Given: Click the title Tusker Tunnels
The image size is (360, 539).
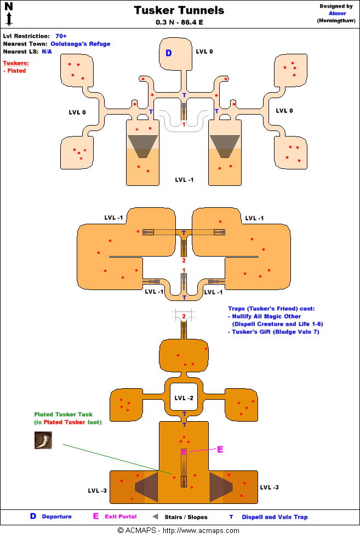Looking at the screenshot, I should coord(179,10).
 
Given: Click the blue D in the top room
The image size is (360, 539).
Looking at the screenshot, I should coord(169,53).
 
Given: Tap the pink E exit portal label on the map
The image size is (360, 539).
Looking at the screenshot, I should coord(220,450).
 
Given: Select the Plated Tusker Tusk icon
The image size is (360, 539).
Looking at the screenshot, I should coord(43,440).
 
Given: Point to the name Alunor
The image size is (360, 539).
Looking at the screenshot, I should coord(336,13).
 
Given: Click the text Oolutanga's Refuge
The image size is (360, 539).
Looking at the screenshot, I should coord(81,44).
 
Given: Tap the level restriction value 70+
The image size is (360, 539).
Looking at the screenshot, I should coord(61,36).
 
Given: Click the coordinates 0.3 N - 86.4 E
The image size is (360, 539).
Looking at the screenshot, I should coord(179,23).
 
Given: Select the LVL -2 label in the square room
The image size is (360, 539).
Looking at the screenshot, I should coord(184,398).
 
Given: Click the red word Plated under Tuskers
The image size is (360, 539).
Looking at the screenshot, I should coord(16,71).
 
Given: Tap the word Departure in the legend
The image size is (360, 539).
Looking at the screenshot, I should coord(56,517).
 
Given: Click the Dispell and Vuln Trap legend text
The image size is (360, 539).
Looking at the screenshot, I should coord(275,517).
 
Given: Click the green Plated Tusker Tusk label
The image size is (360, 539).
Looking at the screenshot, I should coord(64,415).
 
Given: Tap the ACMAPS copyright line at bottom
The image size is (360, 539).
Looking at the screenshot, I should coord(179,531).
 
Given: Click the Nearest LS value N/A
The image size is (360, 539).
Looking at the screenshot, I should coord(47,51).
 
